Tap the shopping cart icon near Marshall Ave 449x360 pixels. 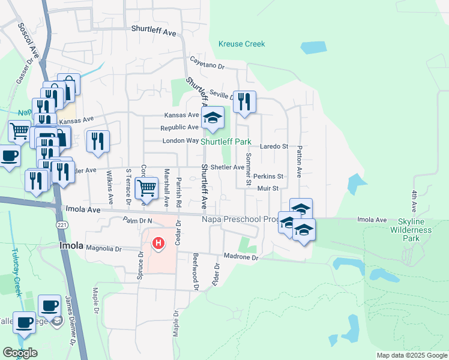(146, 188)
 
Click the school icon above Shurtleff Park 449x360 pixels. (212, 118)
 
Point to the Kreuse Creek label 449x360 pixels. (242, 44)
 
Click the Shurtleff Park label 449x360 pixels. (225, 142)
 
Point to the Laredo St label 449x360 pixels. (274, 146)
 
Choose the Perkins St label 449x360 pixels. (268, 176)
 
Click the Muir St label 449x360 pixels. (268, 188)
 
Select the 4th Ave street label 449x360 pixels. (414, 201)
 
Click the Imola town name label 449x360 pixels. (71, 246)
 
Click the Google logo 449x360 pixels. (20, 352)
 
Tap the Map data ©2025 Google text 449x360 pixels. (412, 355)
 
